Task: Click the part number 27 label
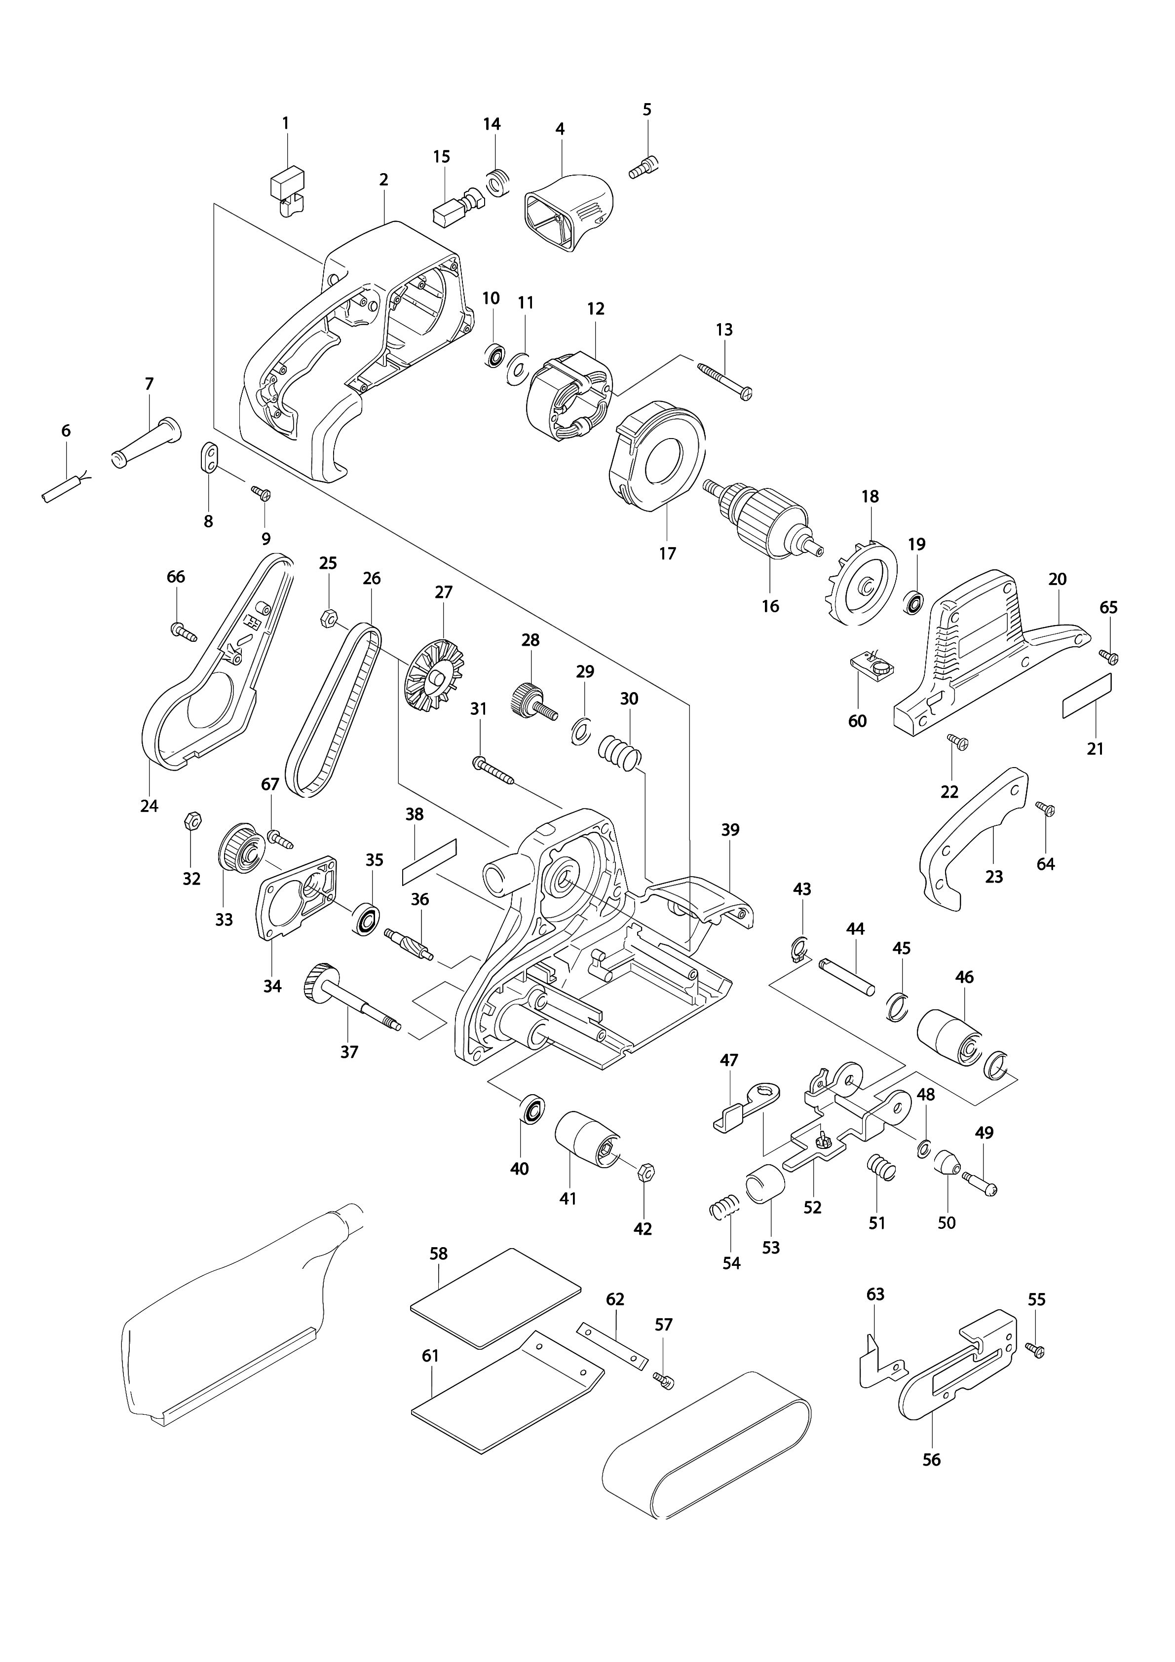coord(443,592)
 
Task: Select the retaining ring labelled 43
coord(797,949)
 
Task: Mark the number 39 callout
coord(730,830)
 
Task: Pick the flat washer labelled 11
coord(518,367)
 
